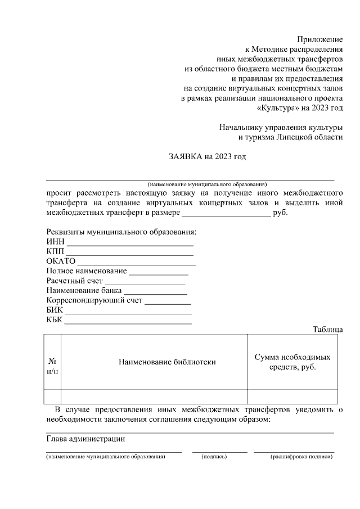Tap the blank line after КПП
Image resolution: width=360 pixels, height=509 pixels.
[130, 254]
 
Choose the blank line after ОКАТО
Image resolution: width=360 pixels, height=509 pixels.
[137, 263]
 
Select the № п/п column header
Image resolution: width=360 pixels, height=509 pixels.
[52, 366]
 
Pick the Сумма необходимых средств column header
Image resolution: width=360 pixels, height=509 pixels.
[292, 362]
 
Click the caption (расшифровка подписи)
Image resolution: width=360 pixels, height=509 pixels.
[301, 457]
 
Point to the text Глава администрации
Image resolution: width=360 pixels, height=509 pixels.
[85, 439]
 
